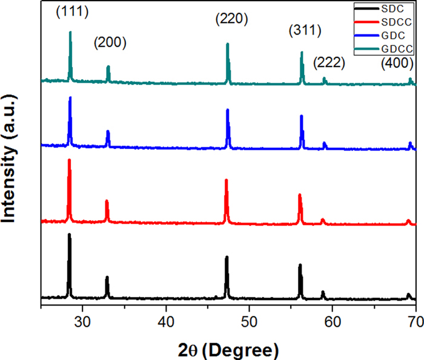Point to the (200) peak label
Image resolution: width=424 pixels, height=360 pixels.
(110, 43)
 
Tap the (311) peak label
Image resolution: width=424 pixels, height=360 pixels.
(305, 31)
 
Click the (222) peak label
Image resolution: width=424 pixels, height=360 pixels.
(329, 62)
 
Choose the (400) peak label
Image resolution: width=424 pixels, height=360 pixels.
(397, 63)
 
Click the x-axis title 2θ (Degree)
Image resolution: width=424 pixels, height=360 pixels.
(229, 347)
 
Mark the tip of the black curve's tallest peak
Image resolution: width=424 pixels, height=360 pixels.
(69, 234)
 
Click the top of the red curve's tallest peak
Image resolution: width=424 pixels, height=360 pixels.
(69, 160)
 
